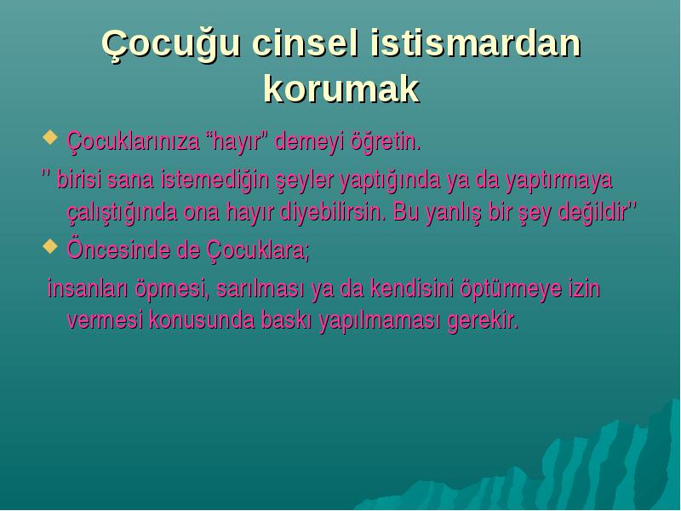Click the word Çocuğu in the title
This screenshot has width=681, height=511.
[x=170, y=45]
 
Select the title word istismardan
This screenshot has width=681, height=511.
[x=476, y=43]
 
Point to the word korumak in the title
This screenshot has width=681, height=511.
[x=341, y=89]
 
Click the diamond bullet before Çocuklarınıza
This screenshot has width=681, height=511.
[x=50, y=137]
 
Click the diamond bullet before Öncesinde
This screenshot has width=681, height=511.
[x=50, y=246]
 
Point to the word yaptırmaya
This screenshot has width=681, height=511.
[x=558, y=181]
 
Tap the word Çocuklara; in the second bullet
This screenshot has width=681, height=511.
[x=258, y=250]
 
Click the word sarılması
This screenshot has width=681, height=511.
[x=260, y=288]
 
